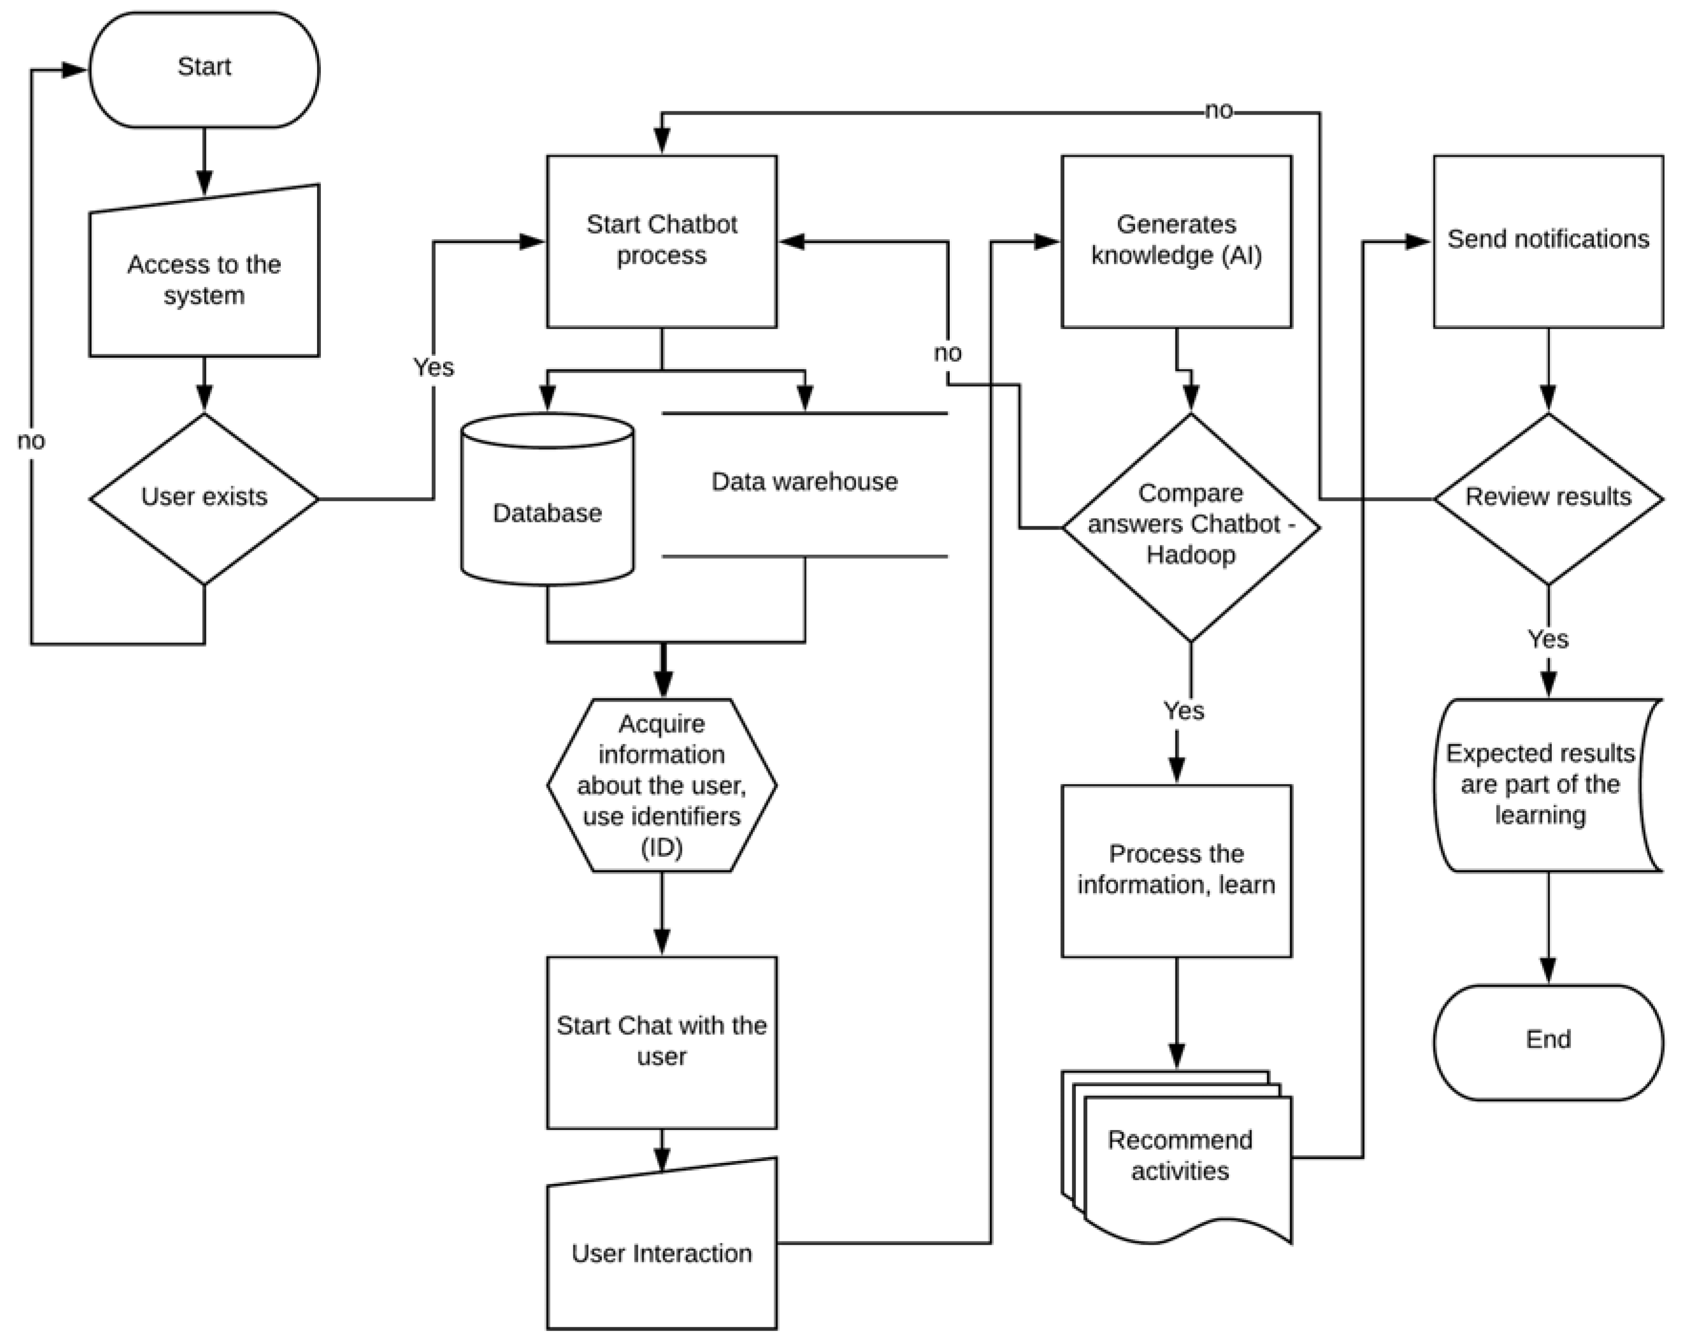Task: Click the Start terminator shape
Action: [204, 69]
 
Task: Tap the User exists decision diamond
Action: [204, 498]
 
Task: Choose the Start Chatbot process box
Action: [662, 241]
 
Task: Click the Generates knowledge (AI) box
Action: [1176, 241]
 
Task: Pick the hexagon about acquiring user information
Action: [662, 785]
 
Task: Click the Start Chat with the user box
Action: [662, 1041]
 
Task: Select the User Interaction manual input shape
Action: [662, 1251]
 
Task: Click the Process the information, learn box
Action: [1176, 870]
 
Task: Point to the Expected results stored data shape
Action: [1540, 785]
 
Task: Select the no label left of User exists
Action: [32, 441]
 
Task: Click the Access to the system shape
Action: [204, 280]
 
